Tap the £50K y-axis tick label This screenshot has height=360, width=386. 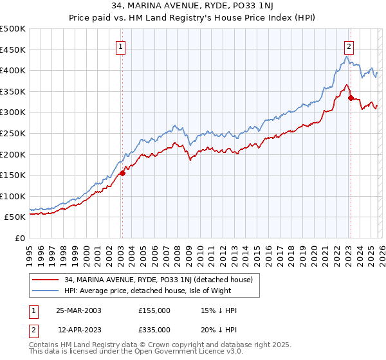pyautogui.click(x=15, y=217)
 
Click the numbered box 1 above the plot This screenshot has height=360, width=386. pyautogui.click(x=121, y=46)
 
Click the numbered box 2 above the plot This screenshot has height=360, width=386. pyautogui.click(x=349, y=46)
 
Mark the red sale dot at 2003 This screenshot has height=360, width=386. pyautogui.click(x=122, y=173)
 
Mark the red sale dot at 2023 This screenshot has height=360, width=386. pyautogui.click(x=351, y=98)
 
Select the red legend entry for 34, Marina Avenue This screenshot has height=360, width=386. pyautogui.click(x=161, y=280)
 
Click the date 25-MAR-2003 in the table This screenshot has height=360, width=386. pyautogui.click(x=78, y=310)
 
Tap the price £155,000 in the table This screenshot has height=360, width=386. pyautogui.click(x=154, y=310)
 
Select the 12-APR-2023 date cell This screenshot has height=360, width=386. pyautogui.click(x=78, y=329)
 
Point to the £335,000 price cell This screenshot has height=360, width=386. pyautogui.click(x=154, y=329)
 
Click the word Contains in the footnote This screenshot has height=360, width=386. pyautogui.click(x=45, y=346)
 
